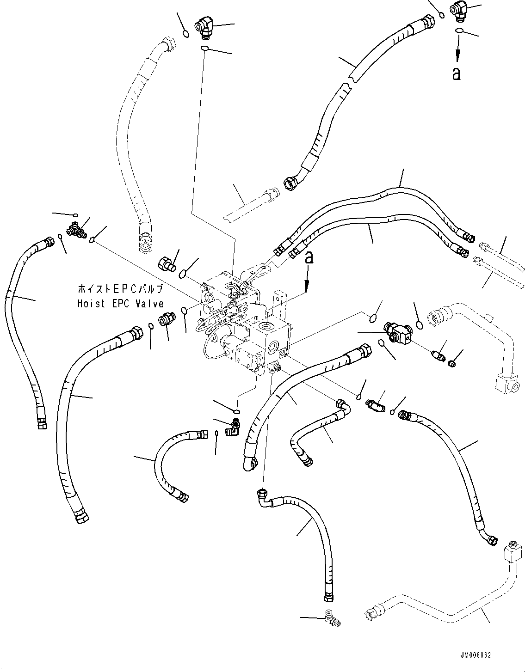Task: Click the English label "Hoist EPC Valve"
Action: point(120,304)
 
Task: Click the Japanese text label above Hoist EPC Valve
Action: point(120,290)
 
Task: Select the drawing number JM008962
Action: point(475,656)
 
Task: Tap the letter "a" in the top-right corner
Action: point(457,73)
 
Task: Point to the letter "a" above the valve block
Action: point(309,257)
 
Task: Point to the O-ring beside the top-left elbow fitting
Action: point(185,34)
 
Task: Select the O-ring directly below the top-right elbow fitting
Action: point(458,31)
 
